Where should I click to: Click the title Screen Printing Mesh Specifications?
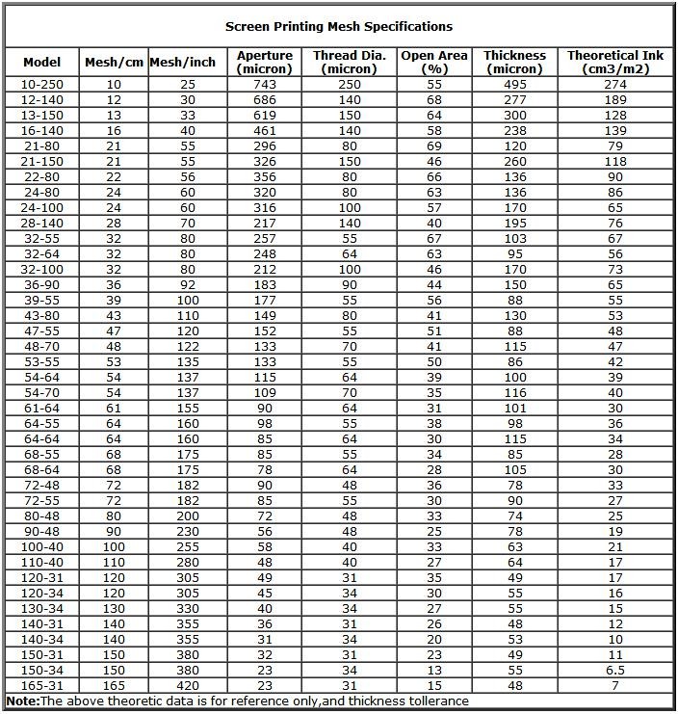click(339, 26)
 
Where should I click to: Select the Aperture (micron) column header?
click(264, 62)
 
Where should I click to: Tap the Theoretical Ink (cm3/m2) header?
click(615, 62)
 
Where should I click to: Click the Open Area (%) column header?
click(434, 62)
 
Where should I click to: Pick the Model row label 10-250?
click(41, 85)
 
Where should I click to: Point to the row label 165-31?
click(41, 686)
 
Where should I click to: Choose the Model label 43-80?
click(41, 316)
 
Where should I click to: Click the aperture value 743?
click(264, 85)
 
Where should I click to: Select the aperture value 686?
click(264, 100)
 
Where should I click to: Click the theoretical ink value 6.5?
click(615, 671)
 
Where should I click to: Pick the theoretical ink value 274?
click(615, 85)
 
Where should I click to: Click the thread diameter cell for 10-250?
click(349, 85)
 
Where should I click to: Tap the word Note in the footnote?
click(22, 701)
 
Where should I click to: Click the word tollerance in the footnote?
click(437, 701)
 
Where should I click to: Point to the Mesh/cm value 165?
click(114, 686)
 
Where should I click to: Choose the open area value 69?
click(434, 146)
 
